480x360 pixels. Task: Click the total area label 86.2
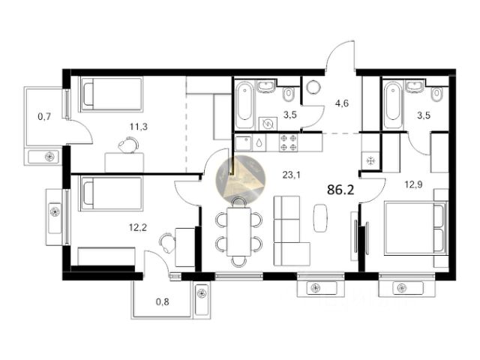tap(340, 190)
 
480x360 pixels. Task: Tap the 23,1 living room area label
tap(291, 175)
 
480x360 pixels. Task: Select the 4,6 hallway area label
tap(342, 103)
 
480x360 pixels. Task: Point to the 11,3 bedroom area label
tap(138, 126)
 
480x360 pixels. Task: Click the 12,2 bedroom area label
tap(138, 227)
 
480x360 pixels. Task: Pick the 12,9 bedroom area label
tap(413, 184)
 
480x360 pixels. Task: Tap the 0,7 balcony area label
tap(44, 116)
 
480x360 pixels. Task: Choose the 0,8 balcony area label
tap(163, 301)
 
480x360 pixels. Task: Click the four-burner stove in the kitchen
tap(288, 142)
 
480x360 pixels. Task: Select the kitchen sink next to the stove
tap(244, 142)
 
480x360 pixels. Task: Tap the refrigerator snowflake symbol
tap(370, 160)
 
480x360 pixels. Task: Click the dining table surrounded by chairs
tap(238, 232)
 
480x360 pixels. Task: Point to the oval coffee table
tap(320, 217)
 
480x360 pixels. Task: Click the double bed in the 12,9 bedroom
tap(416, 227)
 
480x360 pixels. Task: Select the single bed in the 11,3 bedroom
tap(112, 93)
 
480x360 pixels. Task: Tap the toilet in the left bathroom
tap(289, 94)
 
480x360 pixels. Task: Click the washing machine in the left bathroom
tap(268, 124)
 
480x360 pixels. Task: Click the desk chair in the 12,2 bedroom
tap(166, 242)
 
